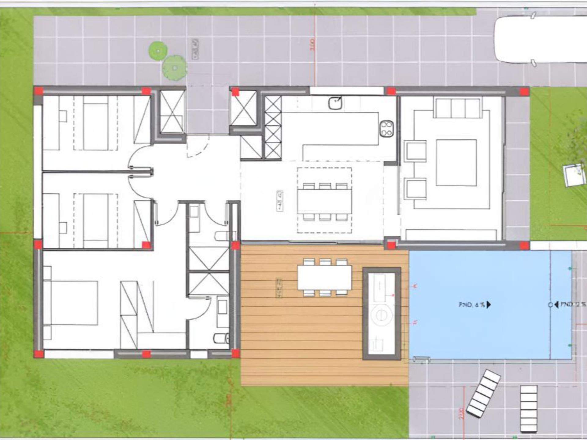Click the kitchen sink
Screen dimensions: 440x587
tap(335, 103)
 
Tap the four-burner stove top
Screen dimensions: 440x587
tap(386, 129)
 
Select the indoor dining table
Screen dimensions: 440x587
tap(324, 201)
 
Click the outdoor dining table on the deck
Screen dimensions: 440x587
tap(324, 278)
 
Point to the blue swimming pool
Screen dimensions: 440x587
tap(489, 305)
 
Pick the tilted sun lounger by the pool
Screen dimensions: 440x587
tap(483, 394)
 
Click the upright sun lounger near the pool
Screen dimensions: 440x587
tap(529, 409)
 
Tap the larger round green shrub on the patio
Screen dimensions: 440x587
tap(174, 68)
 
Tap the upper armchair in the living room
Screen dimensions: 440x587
tap(415, 151)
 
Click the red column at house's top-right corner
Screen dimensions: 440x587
tap(524, 91)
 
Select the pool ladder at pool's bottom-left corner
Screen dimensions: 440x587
tap(422, 360)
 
